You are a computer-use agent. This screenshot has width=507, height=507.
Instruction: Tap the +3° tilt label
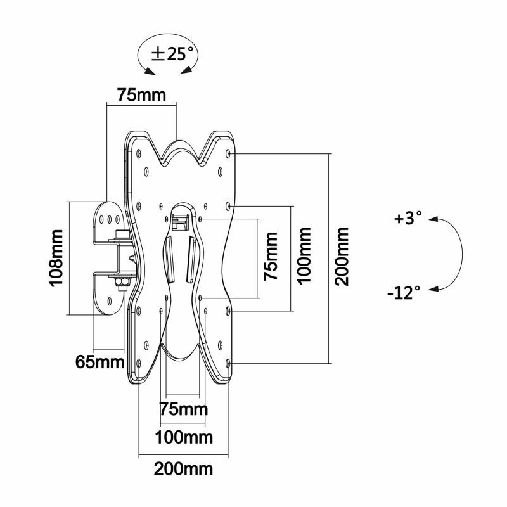point(408,219)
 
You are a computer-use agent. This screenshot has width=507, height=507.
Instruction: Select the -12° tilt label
point(403,292)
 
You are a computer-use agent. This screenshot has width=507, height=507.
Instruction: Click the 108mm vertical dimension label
point(56,258)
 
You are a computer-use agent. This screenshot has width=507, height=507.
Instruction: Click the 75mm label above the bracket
point(141,95)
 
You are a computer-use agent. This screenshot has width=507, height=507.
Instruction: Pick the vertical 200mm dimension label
point(343,258)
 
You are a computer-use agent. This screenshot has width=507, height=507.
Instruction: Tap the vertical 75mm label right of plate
point(271,258)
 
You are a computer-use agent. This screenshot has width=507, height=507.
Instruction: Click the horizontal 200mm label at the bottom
point(183,470)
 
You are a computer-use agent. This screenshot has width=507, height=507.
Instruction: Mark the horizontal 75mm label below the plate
point(184,409)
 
